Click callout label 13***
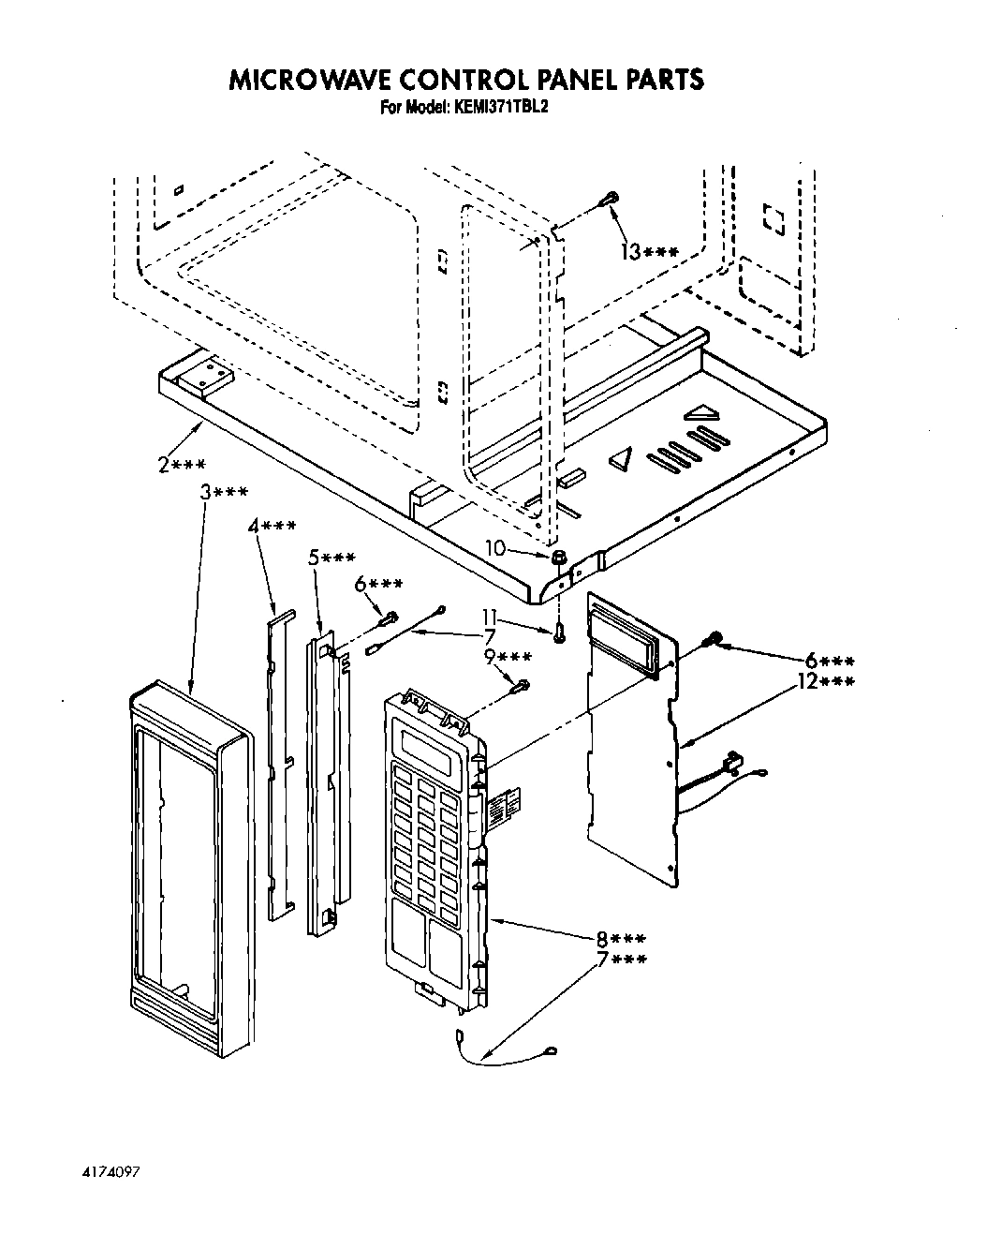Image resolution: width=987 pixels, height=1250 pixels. point(648,251)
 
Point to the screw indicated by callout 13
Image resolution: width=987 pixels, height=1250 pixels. point(610,198)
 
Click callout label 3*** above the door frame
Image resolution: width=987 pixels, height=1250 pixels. point(224,492)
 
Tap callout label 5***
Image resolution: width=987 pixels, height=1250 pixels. point(331,558)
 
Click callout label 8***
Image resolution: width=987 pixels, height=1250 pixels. point(621,939)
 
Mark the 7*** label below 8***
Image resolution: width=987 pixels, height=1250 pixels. point(621,959)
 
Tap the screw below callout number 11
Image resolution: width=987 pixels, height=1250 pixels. point(559,633)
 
